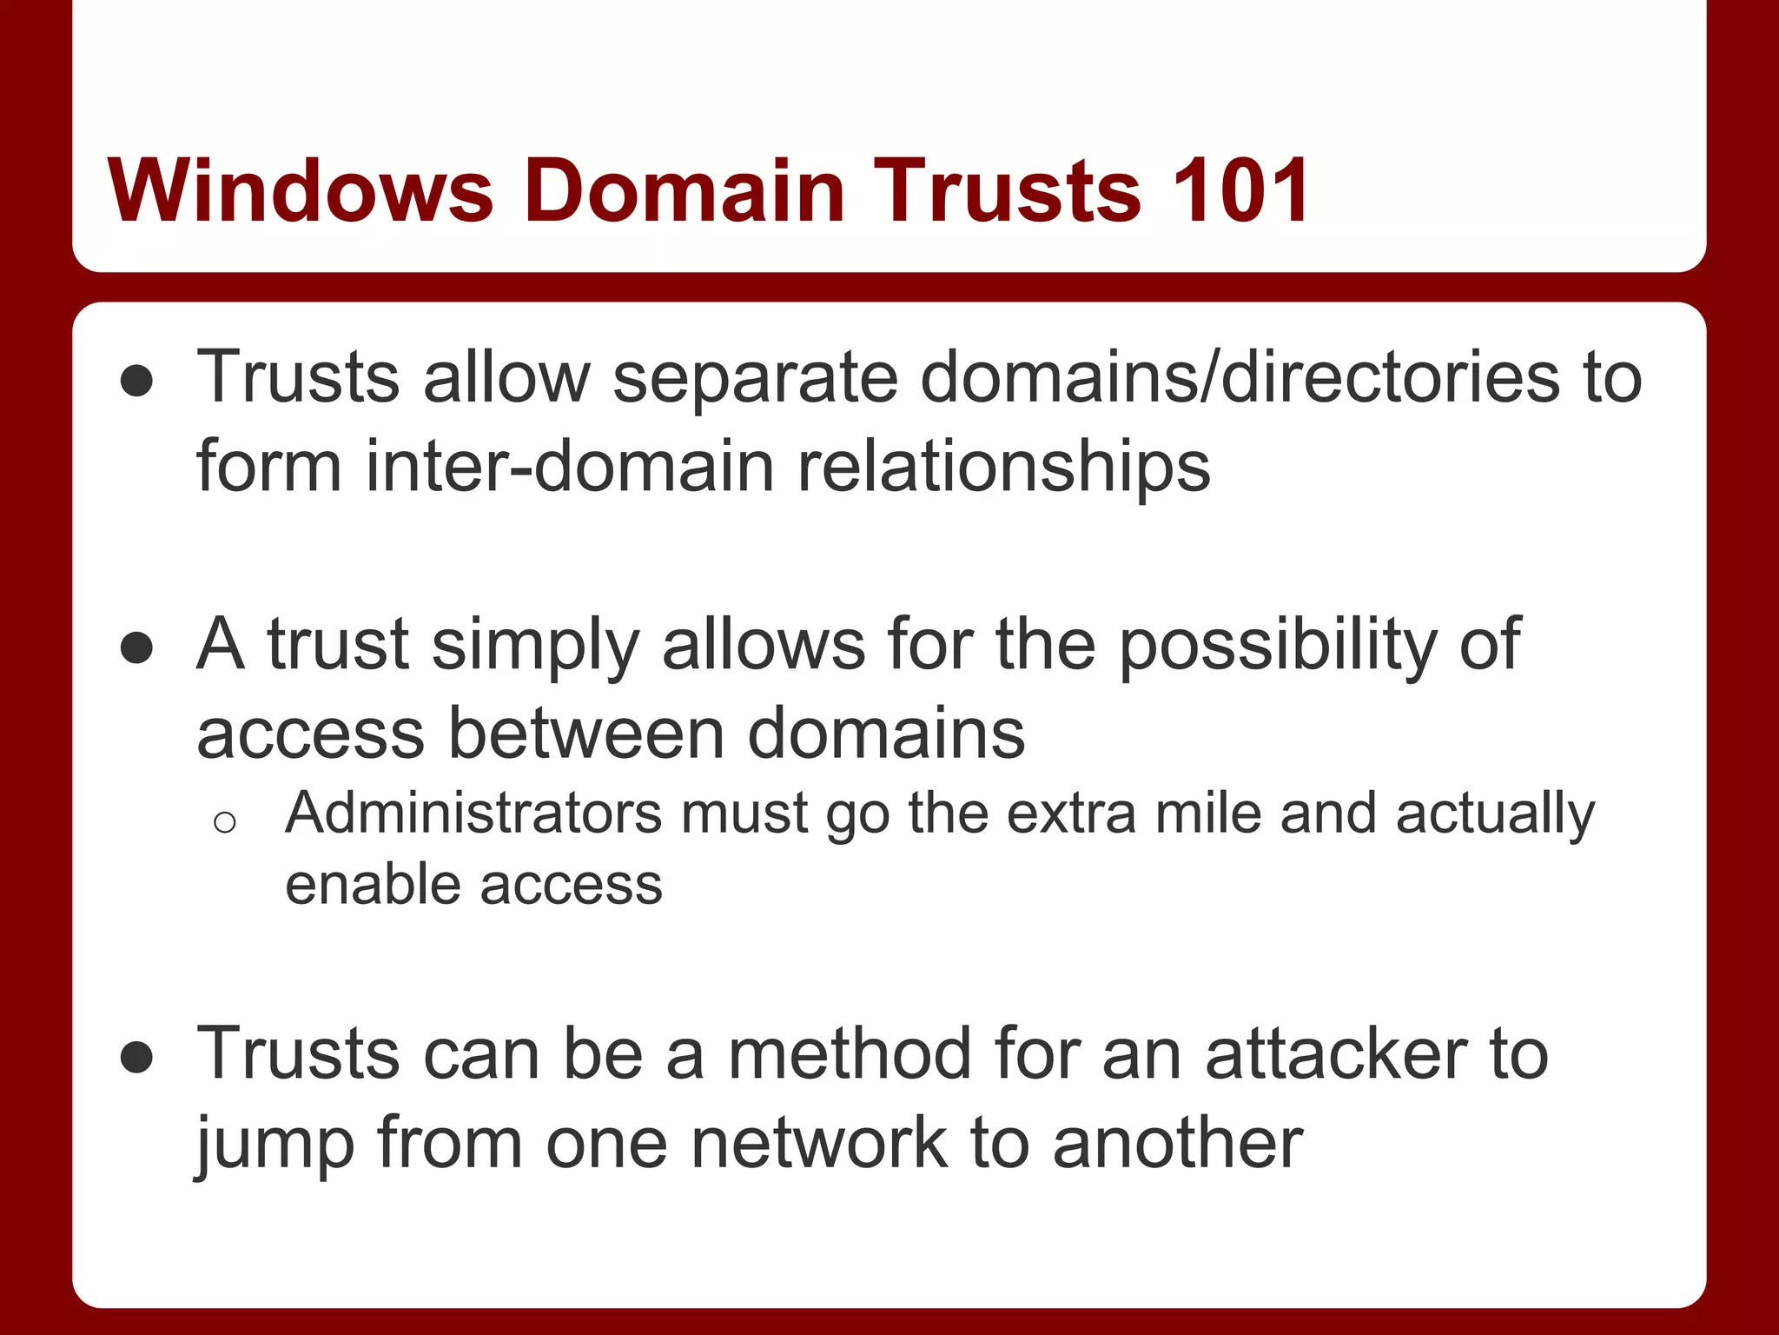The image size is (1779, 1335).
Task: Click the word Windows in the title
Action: click(x=301, y=190)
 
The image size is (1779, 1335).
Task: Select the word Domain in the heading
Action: click(x=684, y=190)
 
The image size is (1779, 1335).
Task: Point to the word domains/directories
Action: click(x=1240, y=378)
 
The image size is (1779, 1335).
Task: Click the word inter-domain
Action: click(x=569, y=467)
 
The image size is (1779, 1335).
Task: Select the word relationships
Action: click(x=1003, y=467)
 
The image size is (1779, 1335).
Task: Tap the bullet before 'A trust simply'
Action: click(x=137, y=648)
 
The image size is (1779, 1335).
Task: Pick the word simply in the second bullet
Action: click(x=535, y=645)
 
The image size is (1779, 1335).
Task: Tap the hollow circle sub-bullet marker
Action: click(x=224, y=821)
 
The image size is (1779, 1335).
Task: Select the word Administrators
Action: click(x=473, y=814)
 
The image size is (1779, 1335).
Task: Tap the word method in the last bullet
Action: click(x=850, y=1054)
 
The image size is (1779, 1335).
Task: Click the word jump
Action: click(x=274, y=1144)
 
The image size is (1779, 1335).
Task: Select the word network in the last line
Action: click(x=818, y=1144)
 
